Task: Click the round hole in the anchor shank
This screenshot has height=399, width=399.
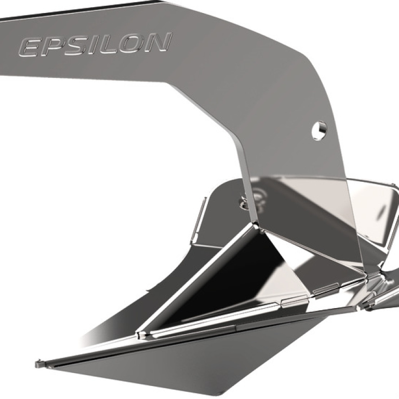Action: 320,130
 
